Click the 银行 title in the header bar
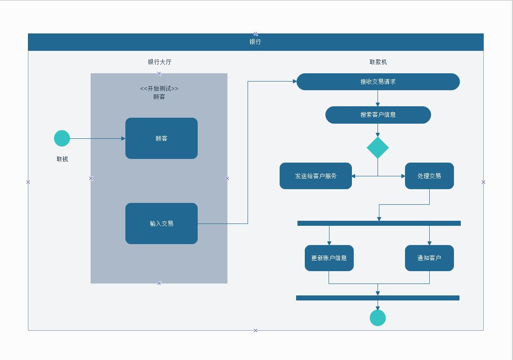255,42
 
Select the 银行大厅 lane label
159,62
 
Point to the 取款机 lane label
378,62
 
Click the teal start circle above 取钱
62,138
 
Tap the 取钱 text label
62,159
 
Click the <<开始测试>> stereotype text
159,88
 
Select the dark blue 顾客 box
162,138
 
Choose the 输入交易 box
162,224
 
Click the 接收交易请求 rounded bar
378,82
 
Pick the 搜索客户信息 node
378,115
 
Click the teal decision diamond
378,147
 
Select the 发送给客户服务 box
316,176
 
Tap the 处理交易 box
429,176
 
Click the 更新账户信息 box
329,258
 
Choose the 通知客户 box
429,258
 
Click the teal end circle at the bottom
378,318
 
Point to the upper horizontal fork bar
379,224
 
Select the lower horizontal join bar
378,298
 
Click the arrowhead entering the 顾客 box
123,138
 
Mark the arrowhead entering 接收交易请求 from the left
294,82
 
